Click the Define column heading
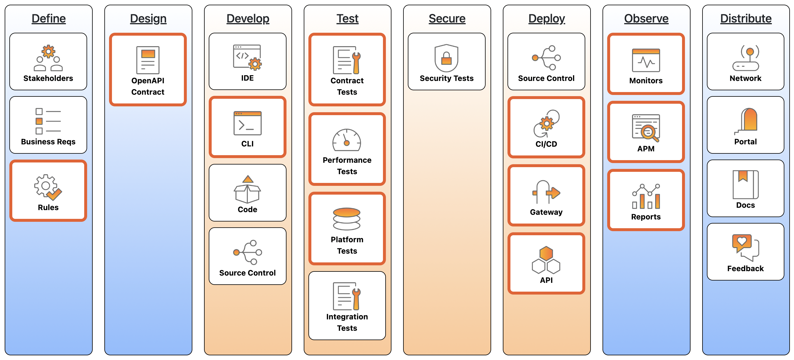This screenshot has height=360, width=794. [49, 18]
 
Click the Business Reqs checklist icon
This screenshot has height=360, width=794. [48, 121]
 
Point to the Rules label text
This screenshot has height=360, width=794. [48, 207]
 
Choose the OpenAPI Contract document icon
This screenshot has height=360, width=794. [148, 60]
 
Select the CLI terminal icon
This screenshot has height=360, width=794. [248, 123]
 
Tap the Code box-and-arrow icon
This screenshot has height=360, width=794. [247, 189]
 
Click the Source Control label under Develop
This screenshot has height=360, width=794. [247, 273]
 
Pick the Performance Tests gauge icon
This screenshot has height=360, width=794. [347, 140]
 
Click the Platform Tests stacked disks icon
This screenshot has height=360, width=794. [347, 219]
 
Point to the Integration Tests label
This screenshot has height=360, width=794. [347, 322]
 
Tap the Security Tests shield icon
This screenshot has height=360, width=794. [446, 58]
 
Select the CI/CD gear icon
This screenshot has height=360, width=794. [546, 124]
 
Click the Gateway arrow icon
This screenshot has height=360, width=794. [546, 192]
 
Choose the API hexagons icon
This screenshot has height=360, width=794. [546, 260]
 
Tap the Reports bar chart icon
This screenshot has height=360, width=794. [646, 197]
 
